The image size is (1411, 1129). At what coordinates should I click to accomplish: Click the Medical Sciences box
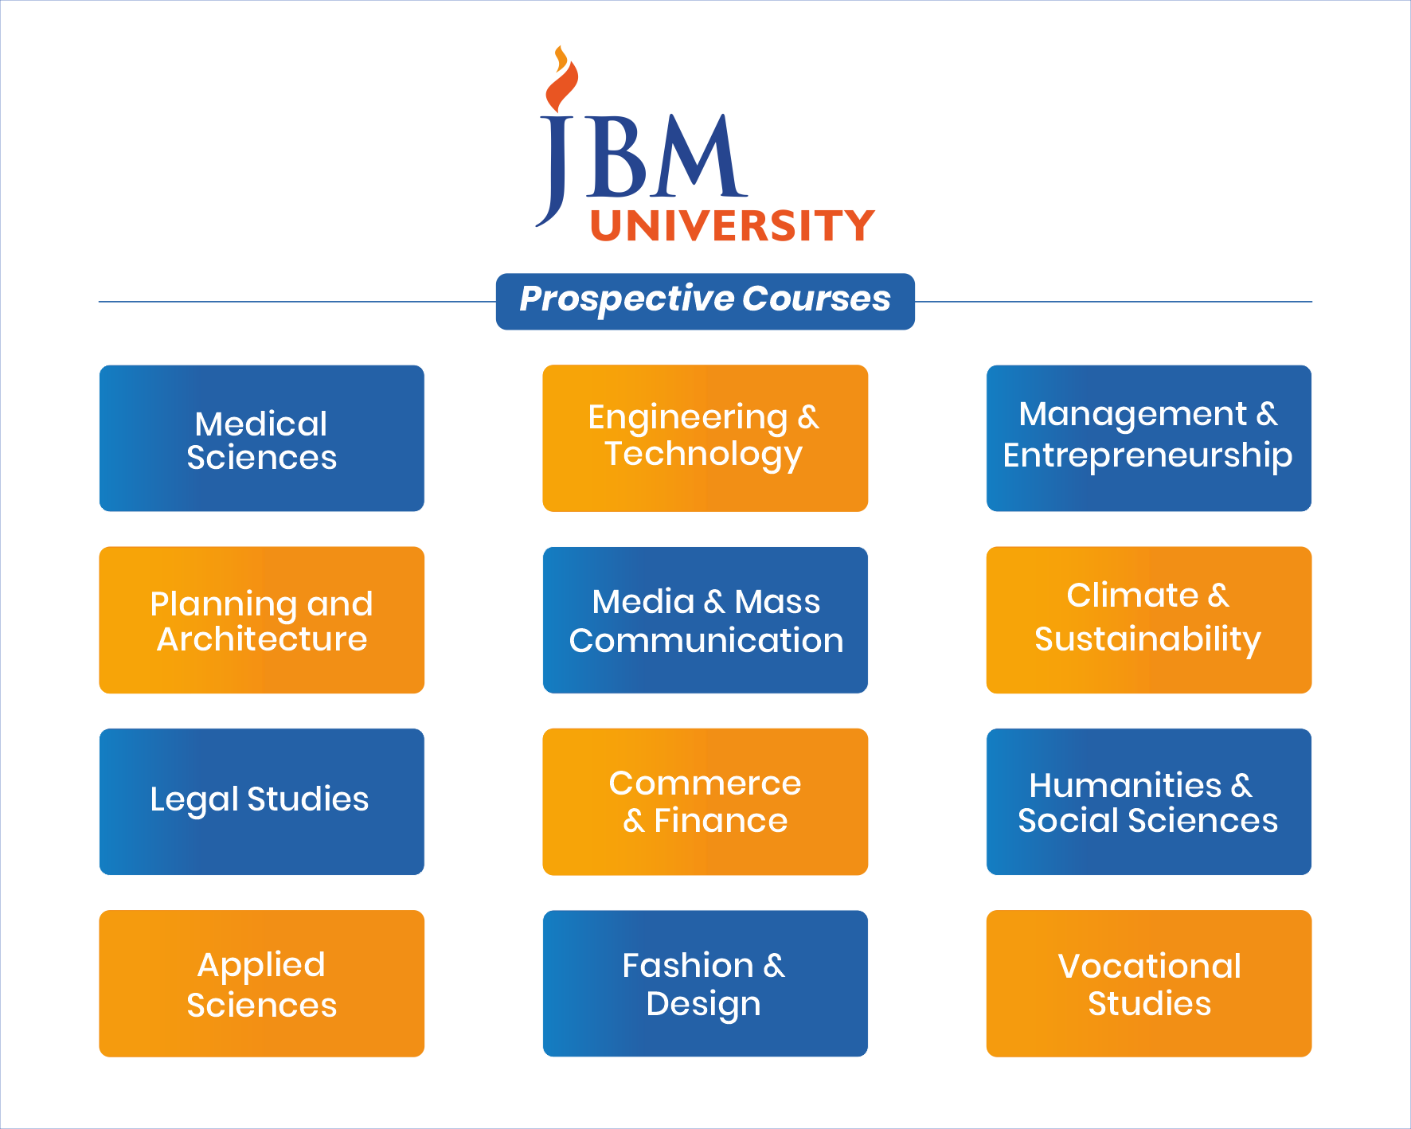[261, 439]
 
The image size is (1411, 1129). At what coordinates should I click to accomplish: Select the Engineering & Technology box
[705, 439]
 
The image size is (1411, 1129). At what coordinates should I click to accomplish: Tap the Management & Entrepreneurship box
[1148, 439]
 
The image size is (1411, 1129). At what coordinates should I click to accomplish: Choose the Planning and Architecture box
[261, 620]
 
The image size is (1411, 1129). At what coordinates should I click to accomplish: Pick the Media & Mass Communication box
[705, 620]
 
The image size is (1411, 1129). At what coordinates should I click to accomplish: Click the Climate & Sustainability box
[1148, 620]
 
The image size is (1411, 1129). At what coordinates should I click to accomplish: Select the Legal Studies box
[261, 802]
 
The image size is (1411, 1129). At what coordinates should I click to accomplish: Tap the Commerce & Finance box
[705, 802]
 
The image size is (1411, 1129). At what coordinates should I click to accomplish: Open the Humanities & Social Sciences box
[1148, 802]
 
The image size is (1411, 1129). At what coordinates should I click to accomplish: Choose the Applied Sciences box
[261, 983]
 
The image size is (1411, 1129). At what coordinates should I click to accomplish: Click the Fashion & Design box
[705, 983]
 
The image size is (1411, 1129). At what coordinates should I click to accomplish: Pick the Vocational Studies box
[1148, 983]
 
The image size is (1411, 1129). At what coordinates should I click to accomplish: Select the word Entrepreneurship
[1147, 456]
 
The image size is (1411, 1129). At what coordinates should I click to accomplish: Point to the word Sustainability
[1147, 639]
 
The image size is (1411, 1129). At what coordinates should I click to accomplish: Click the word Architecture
[262, 639]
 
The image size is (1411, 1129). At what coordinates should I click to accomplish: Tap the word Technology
[703, 455]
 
